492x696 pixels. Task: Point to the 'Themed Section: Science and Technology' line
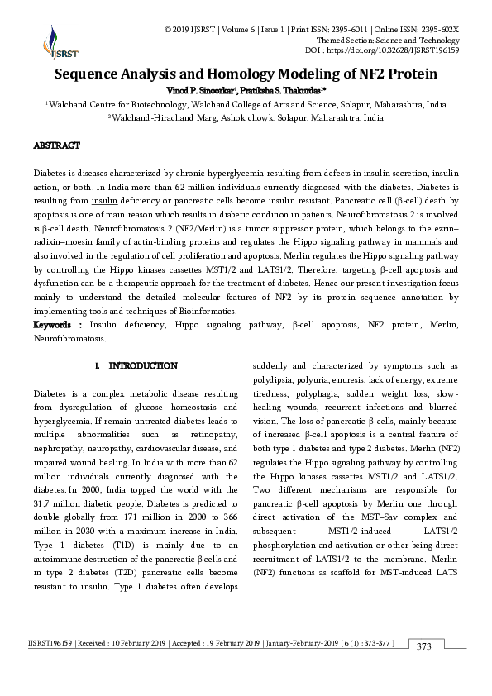tap(388, 40)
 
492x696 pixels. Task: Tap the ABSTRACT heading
tap(56, 145)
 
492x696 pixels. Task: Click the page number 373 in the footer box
tap(423, 669)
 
